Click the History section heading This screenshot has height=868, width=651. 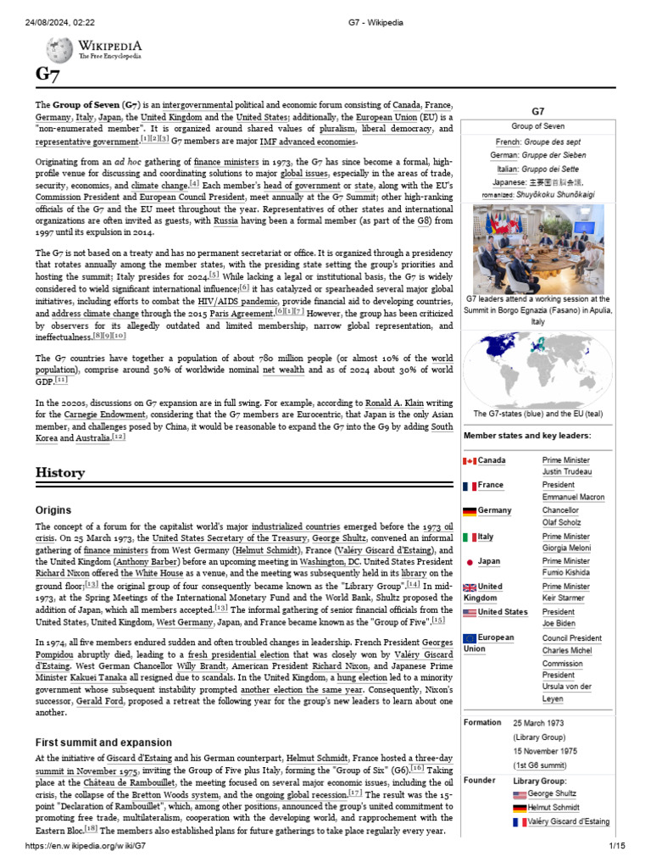60,472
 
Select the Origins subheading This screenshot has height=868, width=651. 53,510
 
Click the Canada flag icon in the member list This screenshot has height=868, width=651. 470,460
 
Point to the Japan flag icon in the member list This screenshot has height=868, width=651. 470,562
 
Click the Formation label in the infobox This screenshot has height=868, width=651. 482,723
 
